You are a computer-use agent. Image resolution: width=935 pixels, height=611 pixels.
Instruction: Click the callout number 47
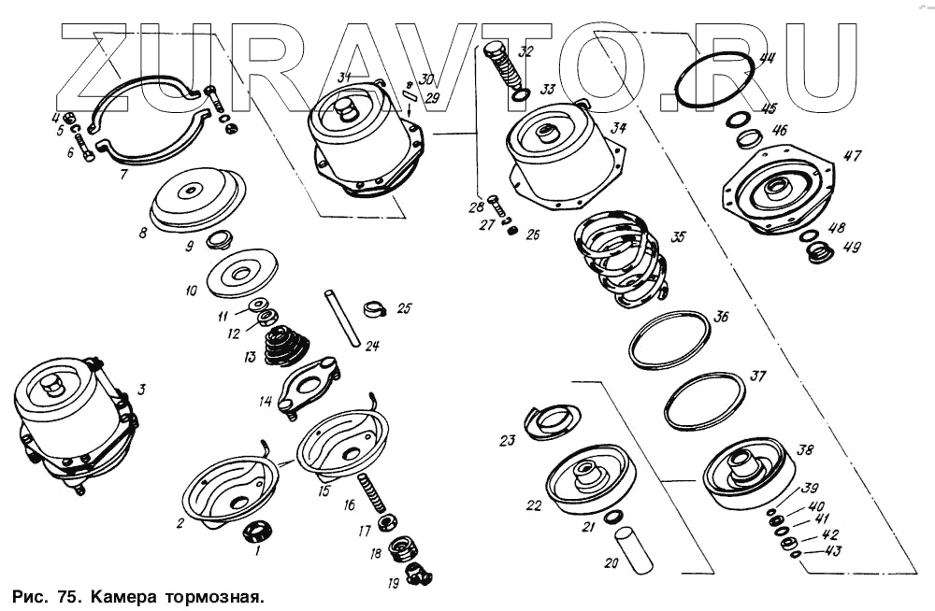pyautogui.click(x=852, y=156)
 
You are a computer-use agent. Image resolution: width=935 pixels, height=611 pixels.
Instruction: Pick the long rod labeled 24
pyautogui.click(x=342, y=319)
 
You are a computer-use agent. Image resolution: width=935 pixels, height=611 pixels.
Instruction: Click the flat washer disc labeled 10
pyautogui.click(x=241, y=271)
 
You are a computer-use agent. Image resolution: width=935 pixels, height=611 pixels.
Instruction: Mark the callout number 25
pyautogui.click(x=404, y=308)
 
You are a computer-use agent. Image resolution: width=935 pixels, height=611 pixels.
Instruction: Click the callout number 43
pyautogui.click(x=832, y=551)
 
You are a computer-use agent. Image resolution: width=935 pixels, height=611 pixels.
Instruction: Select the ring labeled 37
pyautogui.click(x=705, y=402)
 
